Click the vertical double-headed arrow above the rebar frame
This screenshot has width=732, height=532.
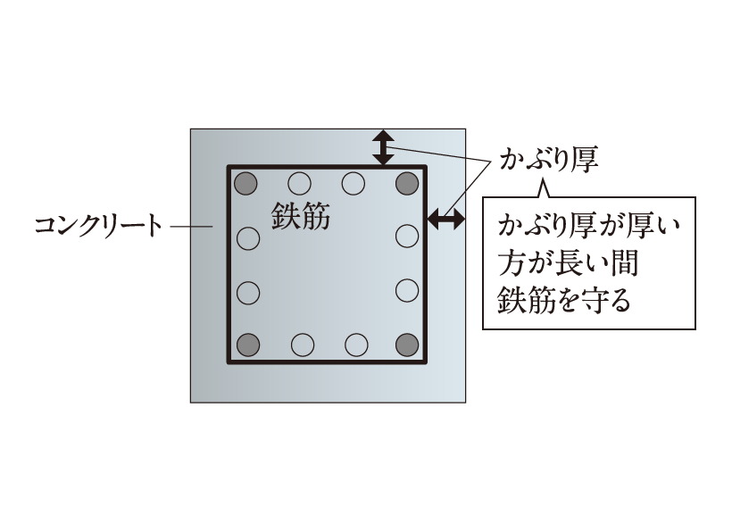click(383, 147)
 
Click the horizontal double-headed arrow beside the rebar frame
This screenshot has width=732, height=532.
click(445, 217)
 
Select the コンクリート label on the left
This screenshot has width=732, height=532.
click(98, 225)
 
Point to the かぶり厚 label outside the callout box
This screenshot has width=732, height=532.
click(547, 162)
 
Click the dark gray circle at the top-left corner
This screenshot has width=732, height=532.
click(245, 185)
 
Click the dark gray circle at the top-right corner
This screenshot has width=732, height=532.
click(407, 185)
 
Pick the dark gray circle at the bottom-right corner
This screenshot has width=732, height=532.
click(407, 344)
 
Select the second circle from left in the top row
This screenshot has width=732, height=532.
click(300, 185)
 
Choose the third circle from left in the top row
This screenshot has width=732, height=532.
click(354, 185)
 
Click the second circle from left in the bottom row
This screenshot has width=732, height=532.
click(302, 344)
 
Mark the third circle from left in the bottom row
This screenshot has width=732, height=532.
click(355, 344)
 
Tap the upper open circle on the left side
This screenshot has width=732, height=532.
click(248, 238)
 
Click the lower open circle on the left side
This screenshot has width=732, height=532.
click(248, 291)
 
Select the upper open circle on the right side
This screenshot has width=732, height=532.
click(407, 237)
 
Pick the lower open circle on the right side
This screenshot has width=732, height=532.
click(407, 290)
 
